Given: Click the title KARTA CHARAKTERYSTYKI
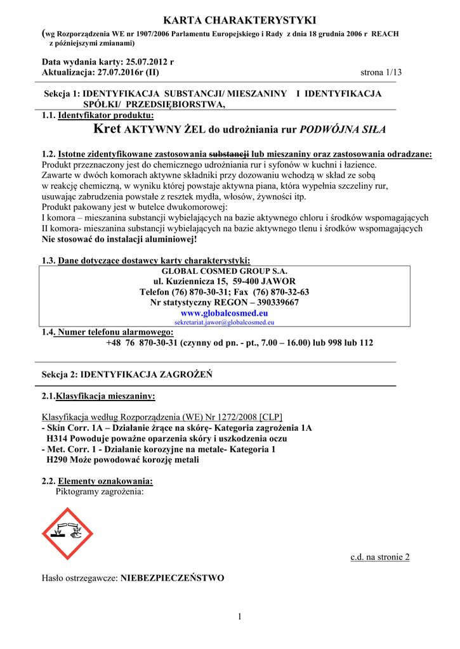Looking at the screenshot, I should coord(230,21).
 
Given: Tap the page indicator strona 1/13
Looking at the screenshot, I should coord(381,73).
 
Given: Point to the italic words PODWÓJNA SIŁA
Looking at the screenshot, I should coord(342,130).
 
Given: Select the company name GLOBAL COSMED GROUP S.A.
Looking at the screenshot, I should coord(225,271).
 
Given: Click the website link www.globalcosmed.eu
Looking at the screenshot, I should coord(225,313).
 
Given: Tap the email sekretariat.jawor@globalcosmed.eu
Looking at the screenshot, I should coord(225,323).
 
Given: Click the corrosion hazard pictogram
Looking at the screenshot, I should coord(67,533).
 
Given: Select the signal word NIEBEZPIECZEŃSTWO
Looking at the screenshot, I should coord(173,578).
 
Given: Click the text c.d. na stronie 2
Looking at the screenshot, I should coord(380,557).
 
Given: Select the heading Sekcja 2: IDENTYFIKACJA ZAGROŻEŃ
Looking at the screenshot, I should coord(127,375).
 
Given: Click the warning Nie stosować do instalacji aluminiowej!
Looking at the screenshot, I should coord(119,240).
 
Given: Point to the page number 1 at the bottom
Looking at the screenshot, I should coord(240,617).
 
